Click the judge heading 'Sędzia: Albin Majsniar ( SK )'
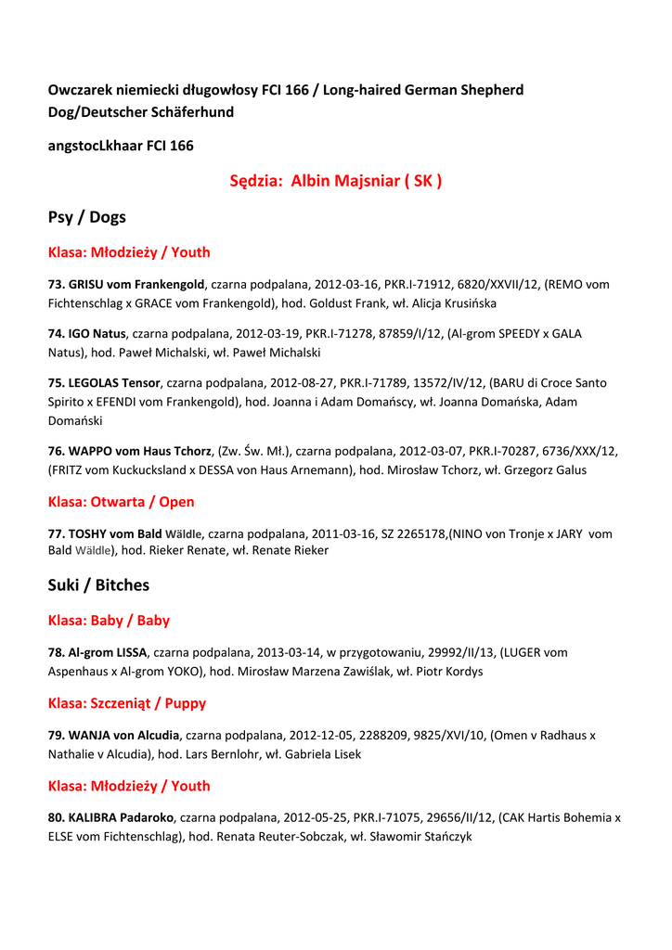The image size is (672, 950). (335, 181)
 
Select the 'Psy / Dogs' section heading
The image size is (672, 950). (86, 217)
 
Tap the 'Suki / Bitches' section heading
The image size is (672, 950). (98, 585)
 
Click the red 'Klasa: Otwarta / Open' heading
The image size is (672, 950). (121, 502)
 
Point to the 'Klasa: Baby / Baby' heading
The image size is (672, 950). (109, 621)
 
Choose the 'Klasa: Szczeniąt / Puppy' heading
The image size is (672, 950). (126, 703)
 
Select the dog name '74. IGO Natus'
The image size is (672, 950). (86, 333)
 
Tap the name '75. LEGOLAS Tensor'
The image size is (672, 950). (104, 382)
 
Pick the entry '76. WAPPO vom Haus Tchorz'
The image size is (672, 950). (129, 451)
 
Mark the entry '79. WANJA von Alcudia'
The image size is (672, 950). (114, 735)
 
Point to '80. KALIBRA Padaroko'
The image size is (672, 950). (110, 818)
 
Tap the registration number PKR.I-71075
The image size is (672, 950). (385, 818)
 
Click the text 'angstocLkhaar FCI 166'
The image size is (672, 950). (121, 146)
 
